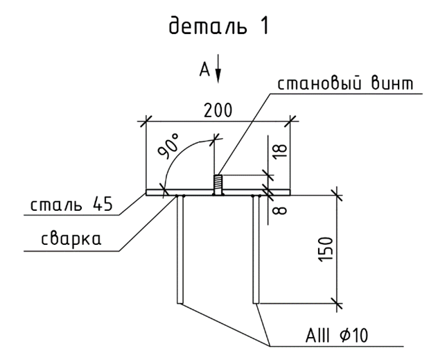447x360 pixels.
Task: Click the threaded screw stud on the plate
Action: pos(216,184)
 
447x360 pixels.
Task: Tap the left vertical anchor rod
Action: pos(180,250)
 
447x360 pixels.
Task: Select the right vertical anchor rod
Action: pos(255,250)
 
